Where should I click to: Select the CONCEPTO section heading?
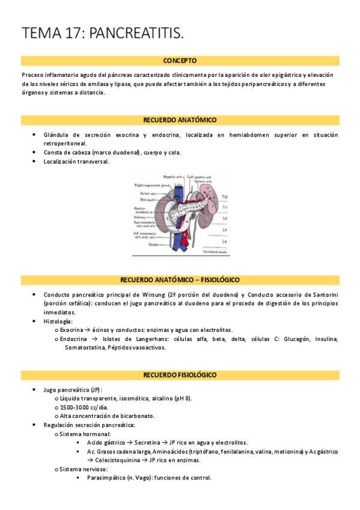coord(180,61)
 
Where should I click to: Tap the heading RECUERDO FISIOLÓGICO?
coord(180,375)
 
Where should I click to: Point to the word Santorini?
coord(321,295)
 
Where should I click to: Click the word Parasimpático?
coord(108,478)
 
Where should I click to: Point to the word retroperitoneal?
coord(65,143)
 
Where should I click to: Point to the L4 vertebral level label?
coord(224,241)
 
